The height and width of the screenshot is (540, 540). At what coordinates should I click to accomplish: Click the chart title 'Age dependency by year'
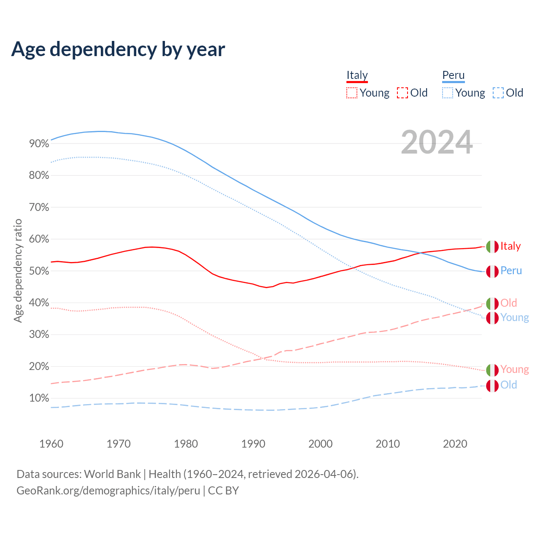118,49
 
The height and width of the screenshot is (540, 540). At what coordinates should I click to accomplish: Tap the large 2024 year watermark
437,142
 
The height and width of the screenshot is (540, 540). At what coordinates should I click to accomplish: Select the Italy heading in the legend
357,75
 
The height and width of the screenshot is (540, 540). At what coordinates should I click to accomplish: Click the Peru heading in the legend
453,75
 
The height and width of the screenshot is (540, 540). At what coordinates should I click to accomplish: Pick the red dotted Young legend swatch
351,93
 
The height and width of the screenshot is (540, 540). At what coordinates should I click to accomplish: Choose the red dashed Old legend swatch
402,93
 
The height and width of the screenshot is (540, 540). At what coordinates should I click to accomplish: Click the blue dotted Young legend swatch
447,93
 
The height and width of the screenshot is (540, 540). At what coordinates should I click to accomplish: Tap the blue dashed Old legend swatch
498,93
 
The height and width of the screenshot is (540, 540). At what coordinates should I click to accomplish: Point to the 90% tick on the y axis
39,144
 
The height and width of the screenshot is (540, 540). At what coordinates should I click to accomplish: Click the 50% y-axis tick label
39,271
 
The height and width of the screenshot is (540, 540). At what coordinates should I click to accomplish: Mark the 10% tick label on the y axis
39,398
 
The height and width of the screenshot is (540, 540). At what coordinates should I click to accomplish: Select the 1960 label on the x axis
51,444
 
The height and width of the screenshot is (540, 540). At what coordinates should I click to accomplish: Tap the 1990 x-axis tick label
253,444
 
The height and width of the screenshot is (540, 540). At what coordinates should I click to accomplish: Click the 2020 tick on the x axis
455,444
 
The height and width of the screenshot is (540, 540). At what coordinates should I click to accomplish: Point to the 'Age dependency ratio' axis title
18,270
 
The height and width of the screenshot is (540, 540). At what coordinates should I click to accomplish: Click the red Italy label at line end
510,246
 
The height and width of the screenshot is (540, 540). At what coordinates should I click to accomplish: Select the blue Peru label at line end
511,271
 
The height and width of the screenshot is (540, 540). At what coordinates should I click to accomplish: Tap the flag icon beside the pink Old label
492,303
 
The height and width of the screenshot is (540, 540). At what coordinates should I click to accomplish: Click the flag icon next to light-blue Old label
492,386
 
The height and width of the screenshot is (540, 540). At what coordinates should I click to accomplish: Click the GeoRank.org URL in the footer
108,491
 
